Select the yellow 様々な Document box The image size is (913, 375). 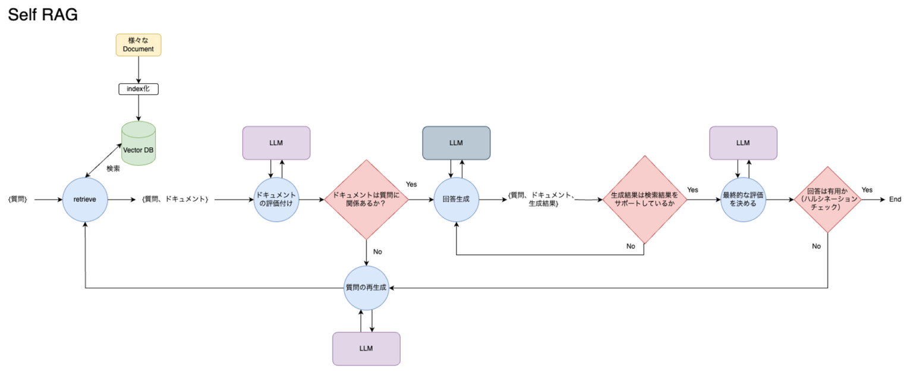pos(138,45)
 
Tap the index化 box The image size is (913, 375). pos(138,89)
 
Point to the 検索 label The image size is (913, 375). pos(114,168)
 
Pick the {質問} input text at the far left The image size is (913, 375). pos(18,200)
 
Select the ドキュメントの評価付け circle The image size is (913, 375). pos(276,200)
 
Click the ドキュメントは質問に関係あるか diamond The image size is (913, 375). pos(366,199)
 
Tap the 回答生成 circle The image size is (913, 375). pos(456,200)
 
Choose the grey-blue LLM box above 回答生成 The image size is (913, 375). pos(456,143)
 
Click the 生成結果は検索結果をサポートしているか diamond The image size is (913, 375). pos(644,199)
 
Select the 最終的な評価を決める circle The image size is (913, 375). pos(743,200)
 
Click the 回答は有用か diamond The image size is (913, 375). pos(828,199)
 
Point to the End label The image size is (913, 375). pos(895,200)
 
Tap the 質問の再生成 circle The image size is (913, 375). pos(366,288)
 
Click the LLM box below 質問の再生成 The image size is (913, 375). pos(366,348)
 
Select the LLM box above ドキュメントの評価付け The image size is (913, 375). pos(276,143)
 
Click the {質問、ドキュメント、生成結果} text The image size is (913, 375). pos(541,200)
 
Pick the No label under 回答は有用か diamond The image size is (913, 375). pos(816,246)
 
